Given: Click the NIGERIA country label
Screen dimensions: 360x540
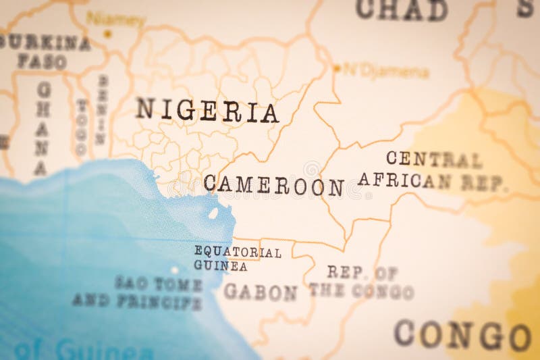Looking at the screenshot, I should [x=207, y=111].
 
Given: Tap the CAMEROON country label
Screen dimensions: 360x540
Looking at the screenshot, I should [x=273, y=185].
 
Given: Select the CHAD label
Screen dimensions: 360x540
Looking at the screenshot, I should [x=402, y=9].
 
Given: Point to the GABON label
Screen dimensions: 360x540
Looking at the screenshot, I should [x=260, y=292].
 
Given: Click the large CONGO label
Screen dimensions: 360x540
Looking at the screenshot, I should [x=462, y=334].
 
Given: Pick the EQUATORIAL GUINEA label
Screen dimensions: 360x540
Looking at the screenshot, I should [x=237, y=259].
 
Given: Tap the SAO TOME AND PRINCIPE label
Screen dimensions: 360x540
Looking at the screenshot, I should [x=138, y=292].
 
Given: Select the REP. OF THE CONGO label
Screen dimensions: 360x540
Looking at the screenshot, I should [x=362, y=282].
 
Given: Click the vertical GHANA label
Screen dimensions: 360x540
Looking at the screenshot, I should [x=43, y=128].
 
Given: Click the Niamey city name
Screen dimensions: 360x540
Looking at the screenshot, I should [x=115, y=19].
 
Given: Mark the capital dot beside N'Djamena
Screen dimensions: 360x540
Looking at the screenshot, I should [x=337, y=68].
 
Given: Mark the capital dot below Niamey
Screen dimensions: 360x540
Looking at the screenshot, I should [x=107, y=33].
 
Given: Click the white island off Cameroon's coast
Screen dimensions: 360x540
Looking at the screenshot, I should [x=213, y=213].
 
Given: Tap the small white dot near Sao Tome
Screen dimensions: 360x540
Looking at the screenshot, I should [x=175, y=269].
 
